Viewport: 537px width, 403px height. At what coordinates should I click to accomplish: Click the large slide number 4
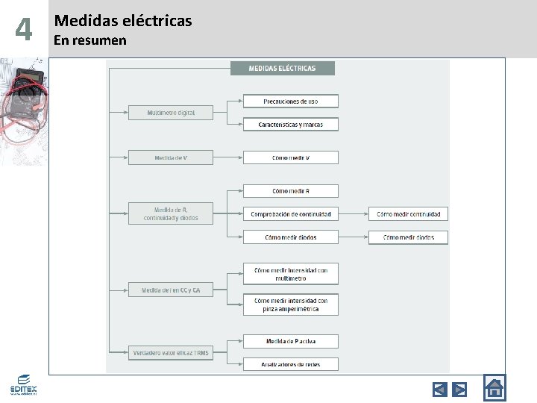pos(24,30)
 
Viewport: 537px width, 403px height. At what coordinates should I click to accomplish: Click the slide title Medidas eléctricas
pos(123,21)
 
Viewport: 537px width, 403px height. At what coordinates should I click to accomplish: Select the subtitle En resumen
pos(90,40)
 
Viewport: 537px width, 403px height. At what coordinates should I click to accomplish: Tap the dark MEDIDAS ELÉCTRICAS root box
pos(282,68)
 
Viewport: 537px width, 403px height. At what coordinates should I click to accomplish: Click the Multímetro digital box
pos(171,113)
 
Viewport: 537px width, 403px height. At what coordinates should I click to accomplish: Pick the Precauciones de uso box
pos(291,101)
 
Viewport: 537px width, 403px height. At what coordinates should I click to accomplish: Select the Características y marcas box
pos(291,125)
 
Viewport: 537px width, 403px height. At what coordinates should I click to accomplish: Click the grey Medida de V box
pos(171,157)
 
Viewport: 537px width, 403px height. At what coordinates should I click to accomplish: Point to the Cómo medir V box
pos(291,157)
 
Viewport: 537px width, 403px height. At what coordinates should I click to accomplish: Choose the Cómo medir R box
pos(291,191)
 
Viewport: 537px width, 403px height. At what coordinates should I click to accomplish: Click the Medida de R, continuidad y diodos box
pos(171,213)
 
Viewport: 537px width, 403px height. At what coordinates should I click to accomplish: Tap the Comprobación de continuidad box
pos(291,213)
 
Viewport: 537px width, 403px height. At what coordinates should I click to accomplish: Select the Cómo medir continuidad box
pos(409,213)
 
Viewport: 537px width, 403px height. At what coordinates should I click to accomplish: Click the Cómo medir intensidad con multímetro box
pos(291,274)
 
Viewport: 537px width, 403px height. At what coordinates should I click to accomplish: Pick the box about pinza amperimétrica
pos(291,304)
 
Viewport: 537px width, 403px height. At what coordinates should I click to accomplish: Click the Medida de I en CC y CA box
pos(171,290)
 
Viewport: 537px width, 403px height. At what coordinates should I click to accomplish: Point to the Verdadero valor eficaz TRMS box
pos(171,352)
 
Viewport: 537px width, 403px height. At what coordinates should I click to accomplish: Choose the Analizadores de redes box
pos(291,364)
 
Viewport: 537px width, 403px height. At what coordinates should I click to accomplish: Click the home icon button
pos(494,387)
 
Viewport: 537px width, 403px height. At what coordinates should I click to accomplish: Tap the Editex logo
pos(23,385)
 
